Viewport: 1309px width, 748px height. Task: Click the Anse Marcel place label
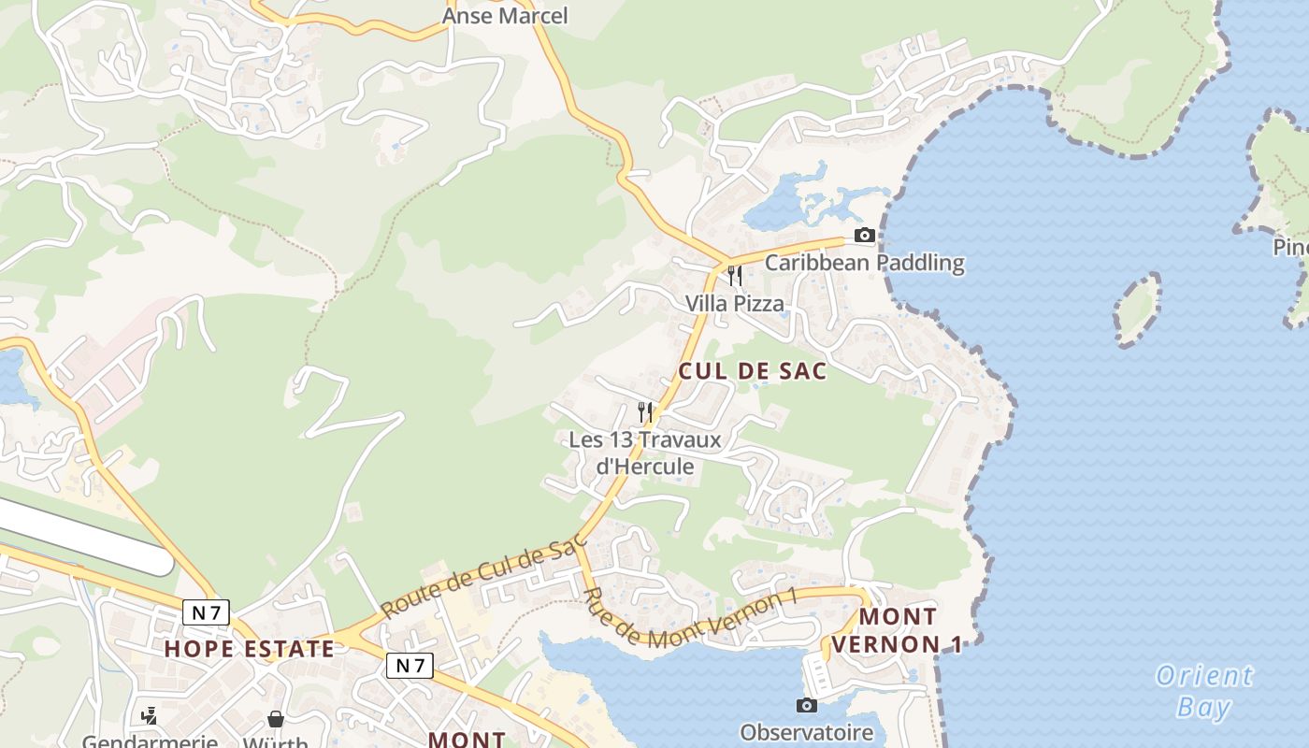tap(505, 16)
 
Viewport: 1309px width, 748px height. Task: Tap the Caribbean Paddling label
tap(864, 263)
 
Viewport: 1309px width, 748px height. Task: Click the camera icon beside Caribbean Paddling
tap(865, 236)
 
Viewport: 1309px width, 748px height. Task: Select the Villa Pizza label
tap(735, 304)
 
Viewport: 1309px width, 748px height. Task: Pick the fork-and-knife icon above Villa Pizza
tap(735, 276)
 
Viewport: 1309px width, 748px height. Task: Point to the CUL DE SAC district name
tap(753, 371)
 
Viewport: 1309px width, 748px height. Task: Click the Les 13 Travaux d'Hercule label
tap(645, 453)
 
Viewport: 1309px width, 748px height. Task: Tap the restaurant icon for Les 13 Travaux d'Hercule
tap(645, 411)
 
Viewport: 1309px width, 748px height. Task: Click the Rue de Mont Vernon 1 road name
tap(688, 618)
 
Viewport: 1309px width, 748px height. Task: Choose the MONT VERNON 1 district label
tap(898, 630)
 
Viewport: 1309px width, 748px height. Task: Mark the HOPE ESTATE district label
tap(250, 649)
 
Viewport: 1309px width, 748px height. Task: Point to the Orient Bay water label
tap(1204, 690)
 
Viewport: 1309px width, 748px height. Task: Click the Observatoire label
tap(806, 732)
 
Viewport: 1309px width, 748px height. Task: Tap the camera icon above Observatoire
tap(806, 705)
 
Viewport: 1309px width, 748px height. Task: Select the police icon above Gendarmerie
tap(149, 716)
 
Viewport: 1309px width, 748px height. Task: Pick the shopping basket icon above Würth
tap(276, 718)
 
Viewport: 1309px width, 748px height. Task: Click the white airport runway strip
tap(84, 536)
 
